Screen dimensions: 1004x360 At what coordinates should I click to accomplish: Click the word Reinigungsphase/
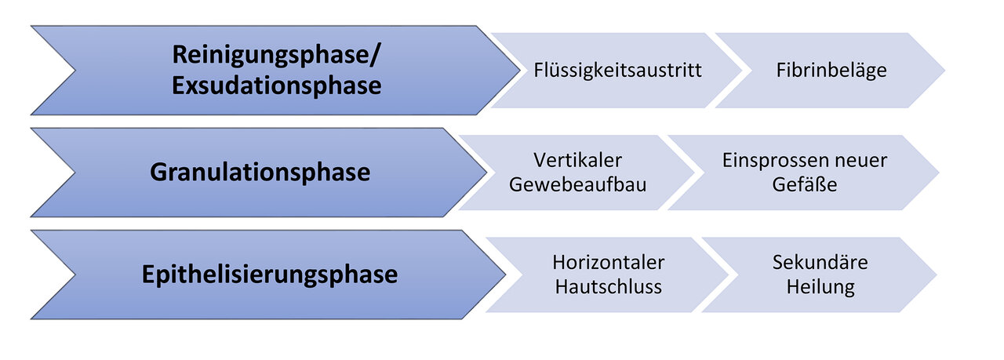pos(276,55)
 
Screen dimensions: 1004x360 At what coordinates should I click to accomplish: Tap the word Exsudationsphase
pos(277,85)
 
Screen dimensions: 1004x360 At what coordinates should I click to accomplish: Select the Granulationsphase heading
pos(260,173)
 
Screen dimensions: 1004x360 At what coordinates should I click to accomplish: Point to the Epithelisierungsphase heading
pos(269,275)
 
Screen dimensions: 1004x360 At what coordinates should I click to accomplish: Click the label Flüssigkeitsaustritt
pos(617,71)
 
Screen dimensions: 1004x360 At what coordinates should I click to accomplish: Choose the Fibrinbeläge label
pos(831,71)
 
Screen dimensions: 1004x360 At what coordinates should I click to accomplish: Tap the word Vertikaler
pos(578,161)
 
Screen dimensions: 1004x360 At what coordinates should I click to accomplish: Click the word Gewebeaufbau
pos(578,185)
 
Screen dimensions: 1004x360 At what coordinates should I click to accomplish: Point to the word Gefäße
pos(805,185)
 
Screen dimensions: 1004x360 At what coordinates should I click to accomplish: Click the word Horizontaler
pos(608,263)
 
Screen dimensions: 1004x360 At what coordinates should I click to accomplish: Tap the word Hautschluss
pos(608,287)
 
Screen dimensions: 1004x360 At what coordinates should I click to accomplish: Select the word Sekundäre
pos(820,263)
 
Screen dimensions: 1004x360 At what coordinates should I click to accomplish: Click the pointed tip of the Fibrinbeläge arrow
pos(945,71)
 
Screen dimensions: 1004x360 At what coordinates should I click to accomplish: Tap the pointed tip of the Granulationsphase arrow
pos(487,173)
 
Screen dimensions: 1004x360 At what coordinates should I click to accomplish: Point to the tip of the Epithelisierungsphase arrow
pos(506,275)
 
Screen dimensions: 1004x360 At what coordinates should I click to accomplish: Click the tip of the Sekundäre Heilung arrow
pos(937,275)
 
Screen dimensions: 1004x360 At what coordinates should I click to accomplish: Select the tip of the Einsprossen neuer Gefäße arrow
pos(939,173)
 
